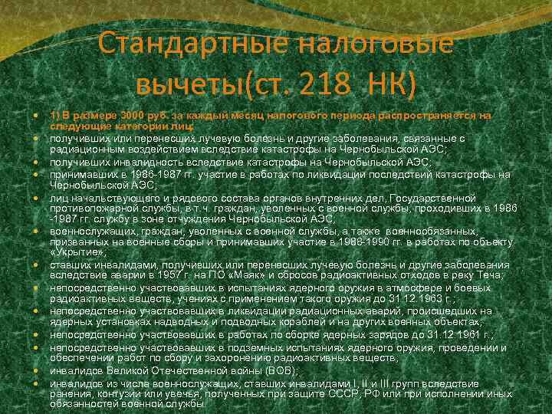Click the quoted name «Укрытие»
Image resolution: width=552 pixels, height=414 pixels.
(x=77, y=252)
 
